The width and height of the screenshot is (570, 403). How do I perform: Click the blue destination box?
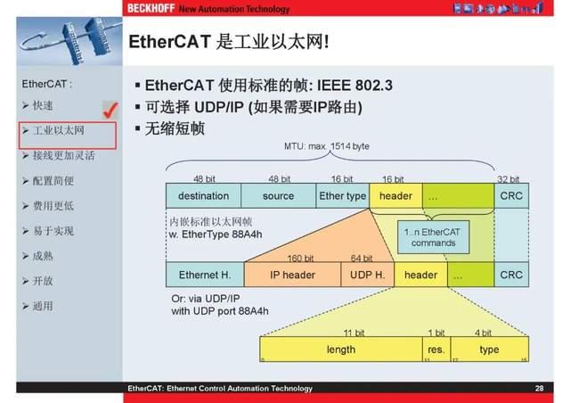click(x=203, y=196)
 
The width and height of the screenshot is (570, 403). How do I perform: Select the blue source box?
click(x=279, y=196)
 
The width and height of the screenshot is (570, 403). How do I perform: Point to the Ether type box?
click(x=342, y=196)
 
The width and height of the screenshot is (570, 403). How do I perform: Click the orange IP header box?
click(x=292, y=275)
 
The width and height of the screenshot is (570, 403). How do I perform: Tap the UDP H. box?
click(x=367, y=275)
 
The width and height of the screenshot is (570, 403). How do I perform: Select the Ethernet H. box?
click(x=204, y=275)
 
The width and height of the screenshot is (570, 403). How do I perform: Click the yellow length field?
click(x=340, y=350)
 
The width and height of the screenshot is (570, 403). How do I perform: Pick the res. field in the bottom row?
click(x=436, y=350)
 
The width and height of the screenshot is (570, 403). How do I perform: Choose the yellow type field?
click(x=489, y=350)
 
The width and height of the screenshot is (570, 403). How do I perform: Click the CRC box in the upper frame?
click(x=511, y=196)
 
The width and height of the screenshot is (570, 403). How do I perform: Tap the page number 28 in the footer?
click(x=539, y=389)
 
